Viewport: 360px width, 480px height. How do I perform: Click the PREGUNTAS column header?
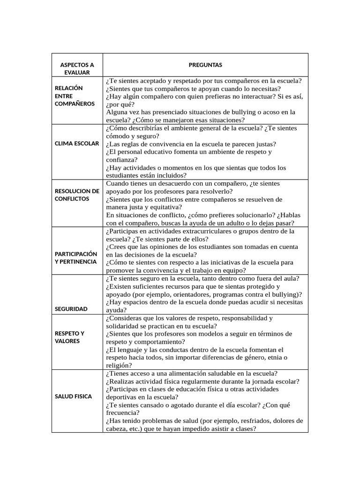205,65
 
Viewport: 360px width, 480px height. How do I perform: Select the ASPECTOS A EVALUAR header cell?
77,68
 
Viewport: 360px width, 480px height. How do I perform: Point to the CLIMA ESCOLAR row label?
77,143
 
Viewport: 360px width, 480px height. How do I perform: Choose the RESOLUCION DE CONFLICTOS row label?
77,195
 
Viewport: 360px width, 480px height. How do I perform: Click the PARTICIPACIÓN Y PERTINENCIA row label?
76,257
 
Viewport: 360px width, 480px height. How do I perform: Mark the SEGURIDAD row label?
71,309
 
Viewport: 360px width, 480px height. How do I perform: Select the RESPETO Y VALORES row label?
70,337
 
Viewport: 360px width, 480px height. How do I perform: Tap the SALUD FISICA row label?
74,396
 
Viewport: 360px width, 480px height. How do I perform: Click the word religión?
119,365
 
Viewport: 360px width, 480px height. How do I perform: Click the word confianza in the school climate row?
121,159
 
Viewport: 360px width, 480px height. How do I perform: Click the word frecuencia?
122,412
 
